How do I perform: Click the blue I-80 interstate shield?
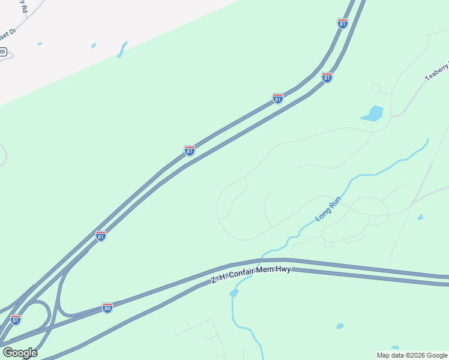click(x=107, y=308)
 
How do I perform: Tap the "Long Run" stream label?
click(x=328, y=211)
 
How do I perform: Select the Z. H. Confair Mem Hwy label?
click(x=251, y=274)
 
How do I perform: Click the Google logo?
click(x=20, y=352)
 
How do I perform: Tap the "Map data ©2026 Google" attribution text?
click(x=412, y=355)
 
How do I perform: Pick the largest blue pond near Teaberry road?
click(x=373, y=114)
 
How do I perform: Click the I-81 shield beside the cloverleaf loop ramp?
click(x=16, y=319)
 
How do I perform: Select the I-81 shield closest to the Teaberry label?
click(x=327, y=77)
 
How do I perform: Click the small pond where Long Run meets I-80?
click(x=234, y=293)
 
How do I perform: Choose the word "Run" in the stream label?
click(x=335, y=205)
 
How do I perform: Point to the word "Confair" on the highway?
click(x=247, y=275)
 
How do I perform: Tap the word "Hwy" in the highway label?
click(x=283, y=270)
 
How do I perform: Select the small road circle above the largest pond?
click(x=376, y=89)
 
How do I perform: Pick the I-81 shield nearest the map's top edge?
click(x=342, y=23)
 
